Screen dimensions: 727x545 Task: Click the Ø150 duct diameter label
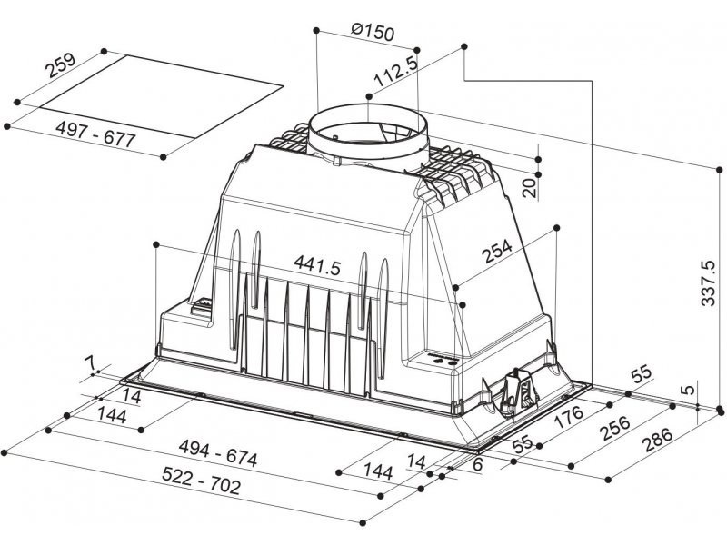[x=373, y=32]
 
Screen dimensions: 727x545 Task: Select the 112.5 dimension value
[x=396, y=72]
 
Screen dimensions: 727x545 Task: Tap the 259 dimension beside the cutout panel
[x=60, y=65]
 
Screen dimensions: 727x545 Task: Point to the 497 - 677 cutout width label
[x=95, y=134]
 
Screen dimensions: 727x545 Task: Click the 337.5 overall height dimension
[x=708, y=282]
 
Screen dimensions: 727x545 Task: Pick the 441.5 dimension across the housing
[x=317, y=265]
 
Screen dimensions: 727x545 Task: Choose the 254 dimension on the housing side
[x=497, y=252]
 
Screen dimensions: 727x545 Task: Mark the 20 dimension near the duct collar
[x=529, y=187]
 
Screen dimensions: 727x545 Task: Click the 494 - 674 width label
[x=218, y=452]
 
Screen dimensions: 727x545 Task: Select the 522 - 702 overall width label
[x=202, y=481]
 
